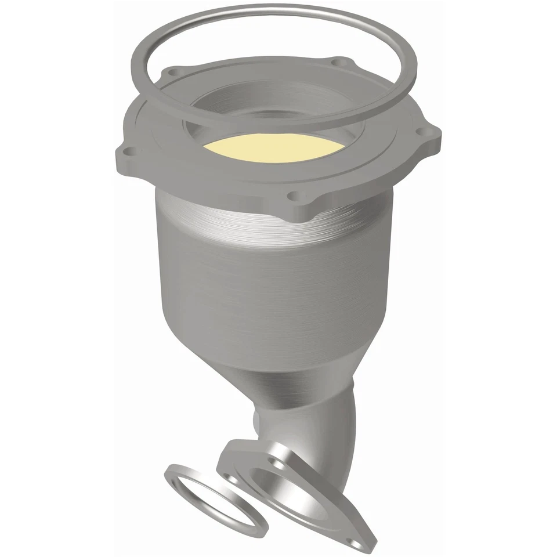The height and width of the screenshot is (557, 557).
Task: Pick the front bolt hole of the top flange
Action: (x=294, y=196)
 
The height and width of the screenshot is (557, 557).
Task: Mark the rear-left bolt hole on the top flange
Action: (x=172, y=73)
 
